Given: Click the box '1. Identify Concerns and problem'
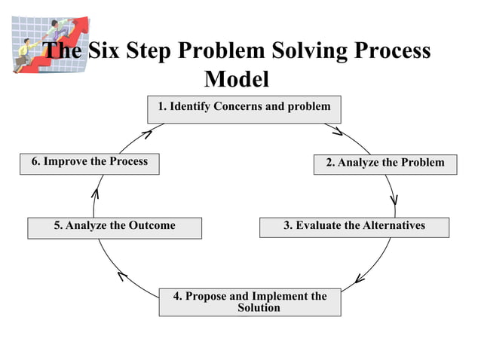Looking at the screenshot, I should click(x=244, y=108).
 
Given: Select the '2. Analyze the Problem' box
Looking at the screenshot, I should click(x=385, y=163).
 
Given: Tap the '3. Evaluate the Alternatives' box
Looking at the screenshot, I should click(x=354, y=227).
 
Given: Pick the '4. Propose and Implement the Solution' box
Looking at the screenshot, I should click(x=250, y=302).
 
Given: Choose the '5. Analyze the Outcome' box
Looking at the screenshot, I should click(x=115, y=227).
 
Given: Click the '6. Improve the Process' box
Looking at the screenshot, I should click(x=89, y=163).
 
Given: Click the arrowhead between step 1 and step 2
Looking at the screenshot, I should click(x=338, y=132).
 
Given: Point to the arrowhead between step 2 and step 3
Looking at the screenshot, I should click(x=394, y=200).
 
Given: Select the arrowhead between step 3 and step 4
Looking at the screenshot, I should click(x=360, y=279).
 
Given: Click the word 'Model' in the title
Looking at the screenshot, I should click(x=237, y=78).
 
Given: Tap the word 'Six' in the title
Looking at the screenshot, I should click(x=111, y=51).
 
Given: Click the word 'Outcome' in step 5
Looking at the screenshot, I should click(x=152, y=226).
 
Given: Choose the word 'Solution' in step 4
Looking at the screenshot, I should click(x=259, y=308).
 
